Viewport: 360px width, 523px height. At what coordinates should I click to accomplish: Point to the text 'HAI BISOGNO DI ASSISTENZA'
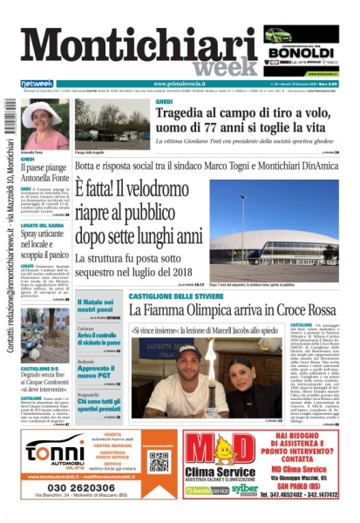(302, 440)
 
